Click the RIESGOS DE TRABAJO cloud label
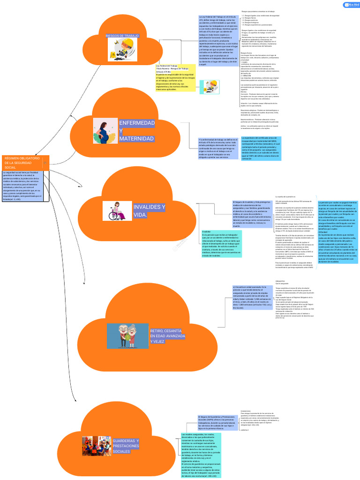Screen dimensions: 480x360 click(x=122, y=36)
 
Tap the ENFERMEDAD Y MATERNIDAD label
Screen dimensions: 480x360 click(x=136, y=131)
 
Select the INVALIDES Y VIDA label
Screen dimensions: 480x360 click(x=150, y=210)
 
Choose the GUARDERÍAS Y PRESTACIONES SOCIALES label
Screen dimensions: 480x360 click(x=126, y=446)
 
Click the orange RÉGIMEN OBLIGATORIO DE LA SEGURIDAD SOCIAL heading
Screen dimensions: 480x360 click(x=23, y=163)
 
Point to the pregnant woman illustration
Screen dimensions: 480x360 click(x=105, y=130)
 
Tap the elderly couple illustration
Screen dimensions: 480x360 click(x=127, y=335)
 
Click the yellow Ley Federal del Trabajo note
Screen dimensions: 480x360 click(x=175, y=77)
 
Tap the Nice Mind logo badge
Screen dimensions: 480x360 click(x=352, y=5)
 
